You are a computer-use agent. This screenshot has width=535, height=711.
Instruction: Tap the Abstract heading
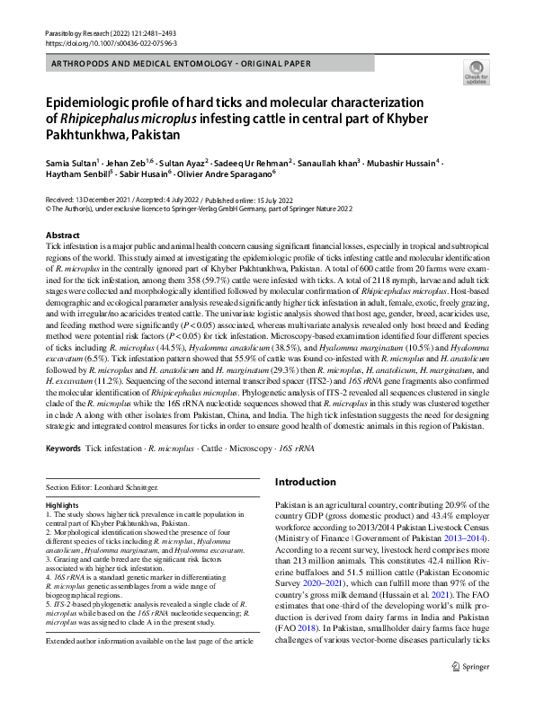62,235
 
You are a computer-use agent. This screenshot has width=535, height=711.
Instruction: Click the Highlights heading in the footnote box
62,506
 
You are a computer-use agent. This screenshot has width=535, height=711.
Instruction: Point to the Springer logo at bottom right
469,692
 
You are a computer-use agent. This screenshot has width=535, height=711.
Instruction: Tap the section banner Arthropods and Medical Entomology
180,64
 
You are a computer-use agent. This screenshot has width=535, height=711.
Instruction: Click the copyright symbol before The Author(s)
48,207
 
